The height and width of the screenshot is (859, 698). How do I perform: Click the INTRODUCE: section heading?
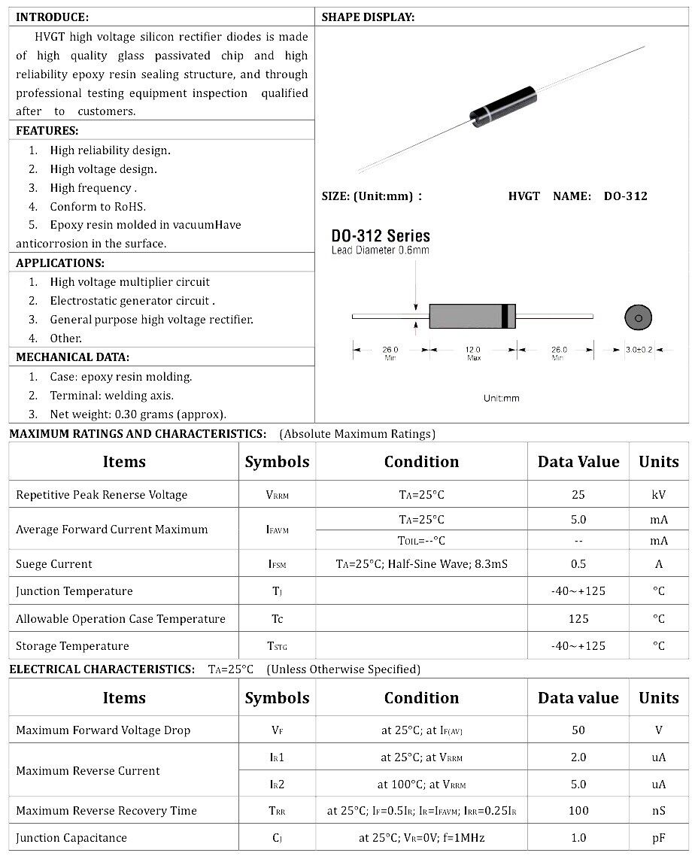click(x=52, y=17)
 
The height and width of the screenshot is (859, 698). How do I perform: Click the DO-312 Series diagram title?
click(x=381, y=236)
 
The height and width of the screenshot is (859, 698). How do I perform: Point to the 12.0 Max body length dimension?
click(x=472, y=351)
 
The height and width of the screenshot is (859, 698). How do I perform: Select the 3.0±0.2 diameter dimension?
click(x=638, y=350)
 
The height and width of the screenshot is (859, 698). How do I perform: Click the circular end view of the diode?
click(x=638, y=317)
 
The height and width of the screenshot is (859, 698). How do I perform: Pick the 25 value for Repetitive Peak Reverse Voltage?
click(x=578, y=495)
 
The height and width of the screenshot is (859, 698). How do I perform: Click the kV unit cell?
click(x=658, y=495)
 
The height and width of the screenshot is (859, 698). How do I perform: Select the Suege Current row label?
click(x=54, y=564)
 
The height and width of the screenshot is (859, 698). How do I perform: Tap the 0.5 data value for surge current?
click(x=578, y=564)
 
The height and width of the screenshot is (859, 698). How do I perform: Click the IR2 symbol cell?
click(x=277, y=785)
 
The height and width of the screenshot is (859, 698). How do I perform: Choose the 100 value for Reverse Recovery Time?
click(x=578, y=811)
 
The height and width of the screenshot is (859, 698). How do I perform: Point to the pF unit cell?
click(x=658, y=838)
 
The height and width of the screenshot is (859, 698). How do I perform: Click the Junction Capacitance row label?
click(x=71, y=838)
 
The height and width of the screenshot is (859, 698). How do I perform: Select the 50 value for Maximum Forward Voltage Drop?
click(x=578, y=730)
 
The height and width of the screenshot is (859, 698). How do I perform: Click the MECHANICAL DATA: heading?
click(x=72, y=357)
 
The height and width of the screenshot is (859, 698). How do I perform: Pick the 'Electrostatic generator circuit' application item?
click(x=132, y=301)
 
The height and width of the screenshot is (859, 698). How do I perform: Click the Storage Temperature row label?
click(x=72, y=646)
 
